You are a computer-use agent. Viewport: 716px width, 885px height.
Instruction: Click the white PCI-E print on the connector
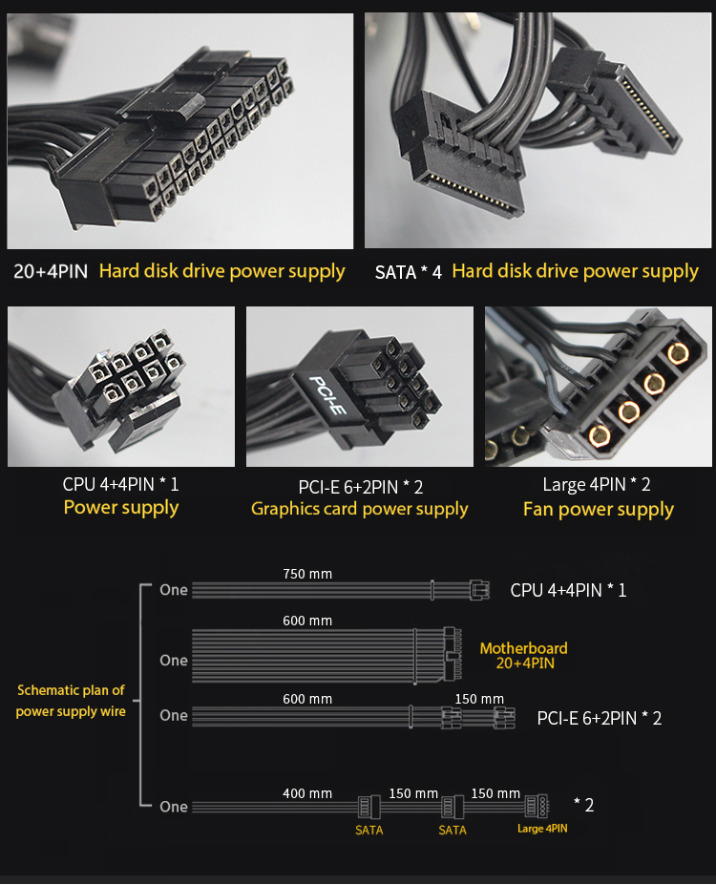click(x=327, y=394)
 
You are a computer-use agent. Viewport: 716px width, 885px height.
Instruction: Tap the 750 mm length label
click(x=307, y=574)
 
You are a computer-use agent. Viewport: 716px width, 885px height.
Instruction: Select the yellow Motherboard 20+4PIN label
click(x=523, y=655)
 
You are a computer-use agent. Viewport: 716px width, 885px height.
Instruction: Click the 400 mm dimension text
click(x=307, y=793)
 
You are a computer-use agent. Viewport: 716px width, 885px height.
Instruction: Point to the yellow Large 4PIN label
click(x=542, y=829)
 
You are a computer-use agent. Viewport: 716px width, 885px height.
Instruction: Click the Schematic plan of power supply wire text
click(x=71, y=701)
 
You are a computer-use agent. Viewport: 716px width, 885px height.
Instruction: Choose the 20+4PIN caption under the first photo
click(x=51, y=271)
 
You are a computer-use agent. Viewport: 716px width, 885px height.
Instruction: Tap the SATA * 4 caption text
click(x=409, y=273)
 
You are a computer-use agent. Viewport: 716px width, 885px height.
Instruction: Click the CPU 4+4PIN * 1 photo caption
click(x=120, y=484)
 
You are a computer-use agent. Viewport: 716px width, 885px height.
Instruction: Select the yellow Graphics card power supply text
click(x=359, y=509)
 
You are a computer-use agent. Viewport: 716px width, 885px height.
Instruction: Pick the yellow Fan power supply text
click(x=598, y=510)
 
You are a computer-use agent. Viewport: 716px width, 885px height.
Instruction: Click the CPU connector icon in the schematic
click(x=479, y=590)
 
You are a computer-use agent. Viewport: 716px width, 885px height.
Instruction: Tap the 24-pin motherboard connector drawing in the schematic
click(x=452, y=655)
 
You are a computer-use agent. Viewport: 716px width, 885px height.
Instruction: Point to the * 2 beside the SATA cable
click(x=584, y=805)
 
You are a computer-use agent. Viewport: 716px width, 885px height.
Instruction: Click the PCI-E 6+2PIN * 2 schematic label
click(x=600, y=719)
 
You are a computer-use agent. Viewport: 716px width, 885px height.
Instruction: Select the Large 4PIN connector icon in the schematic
click(x=537, y=806)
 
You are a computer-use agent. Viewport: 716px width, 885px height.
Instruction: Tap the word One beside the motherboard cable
click(x=174, y=661)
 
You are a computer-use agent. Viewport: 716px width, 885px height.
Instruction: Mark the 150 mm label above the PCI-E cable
click(x=479, y=699)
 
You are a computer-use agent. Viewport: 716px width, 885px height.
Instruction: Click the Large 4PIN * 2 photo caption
click(x=597, y=484)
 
